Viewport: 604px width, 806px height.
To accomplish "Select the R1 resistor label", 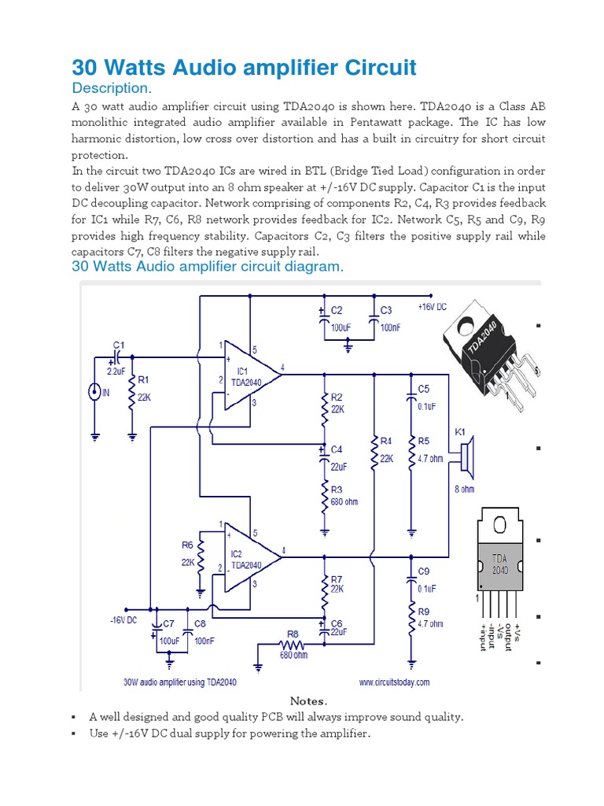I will point(143,379).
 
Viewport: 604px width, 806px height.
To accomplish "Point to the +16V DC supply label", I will point(431,307).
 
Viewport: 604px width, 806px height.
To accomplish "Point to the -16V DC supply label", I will point(123,620).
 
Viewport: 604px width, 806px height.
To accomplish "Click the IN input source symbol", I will point(95,390).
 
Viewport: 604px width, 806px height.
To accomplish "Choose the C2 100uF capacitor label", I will point(337,311).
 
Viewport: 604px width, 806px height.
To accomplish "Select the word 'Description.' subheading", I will point(111,87).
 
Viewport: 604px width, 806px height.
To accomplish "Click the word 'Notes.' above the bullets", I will point(308,701).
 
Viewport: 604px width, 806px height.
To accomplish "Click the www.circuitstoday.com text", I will point(394,682).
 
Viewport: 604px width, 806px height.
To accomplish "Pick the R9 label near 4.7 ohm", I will point(424,611).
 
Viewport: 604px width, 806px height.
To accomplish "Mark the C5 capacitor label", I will point(423,389).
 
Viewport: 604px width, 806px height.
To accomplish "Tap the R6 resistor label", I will point(187,545).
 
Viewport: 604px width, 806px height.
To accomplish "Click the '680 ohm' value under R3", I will point(344,501).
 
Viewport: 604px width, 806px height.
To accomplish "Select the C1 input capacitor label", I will point(119,345).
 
